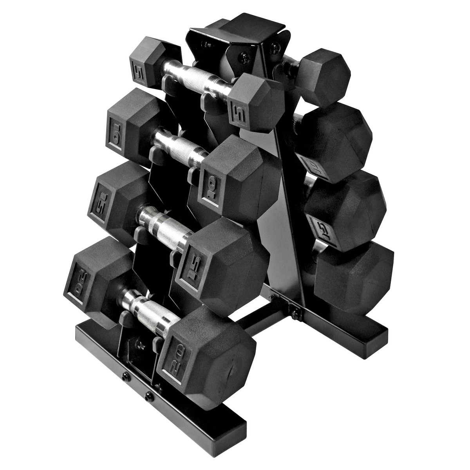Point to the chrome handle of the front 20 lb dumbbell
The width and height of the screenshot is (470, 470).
pyautogui.click(x=147, y=306)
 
